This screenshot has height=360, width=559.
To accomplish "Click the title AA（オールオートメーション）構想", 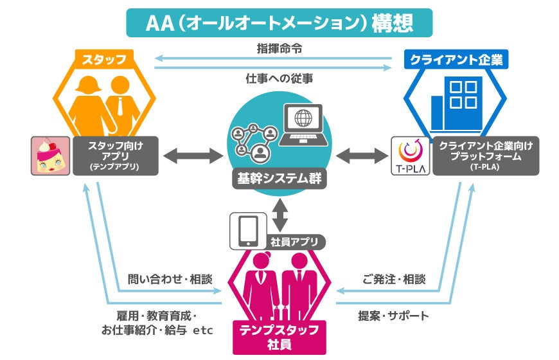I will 279,22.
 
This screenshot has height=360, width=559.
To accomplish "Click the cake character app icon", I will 50,156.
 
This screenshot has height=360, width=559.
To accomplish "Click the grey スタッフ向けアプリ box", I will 114,156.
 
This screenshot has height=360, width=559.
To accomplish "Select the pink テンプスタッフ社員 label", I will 279,337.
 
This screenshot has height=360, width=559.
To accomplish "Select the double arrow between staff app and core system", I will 192,156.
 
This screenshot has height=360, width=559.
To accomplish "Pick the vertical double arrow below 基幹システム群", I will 280,214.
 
